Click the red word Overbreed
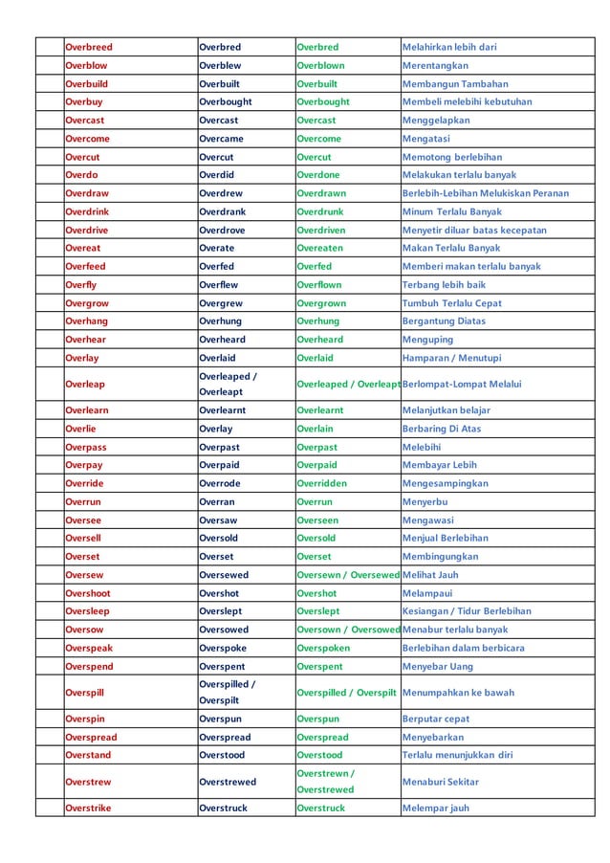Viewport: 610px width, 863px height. pos(88,47)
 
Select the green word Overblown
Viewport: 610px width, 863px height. pos(320,65)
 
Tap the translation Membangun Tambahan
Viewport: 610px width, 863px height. pos(455,83)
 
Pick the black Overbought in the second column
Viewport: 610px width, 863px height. pos(226,101)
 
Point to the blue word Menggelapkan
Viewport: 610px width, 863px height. pos(435,120)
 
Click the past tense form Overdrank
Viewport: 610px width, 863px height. pos(222,211)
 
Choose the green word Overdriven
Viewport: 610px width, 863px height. pos(323,230)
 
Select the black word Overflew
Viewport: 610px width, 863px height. pos(219,284)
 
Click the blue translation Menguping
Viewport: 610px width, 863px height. pos(426,339)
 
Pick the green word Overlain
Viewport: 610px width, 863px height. pos(315,429)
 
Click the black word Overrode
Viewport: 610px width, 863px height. pos(220,483)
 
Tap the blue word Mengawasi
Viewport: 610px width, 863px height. pos(427,520)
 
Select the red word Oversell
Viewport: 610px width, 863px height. pos(83,538)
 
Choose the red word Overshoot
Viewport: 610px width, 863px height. pos(88,592)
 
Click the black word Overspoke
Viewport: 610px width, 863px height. pos(223,647)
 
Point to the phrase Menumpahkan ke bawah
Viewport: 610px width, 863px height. pos(458,692)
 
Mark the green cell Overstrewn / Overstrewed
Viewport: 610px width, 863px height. pos(325,782)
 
